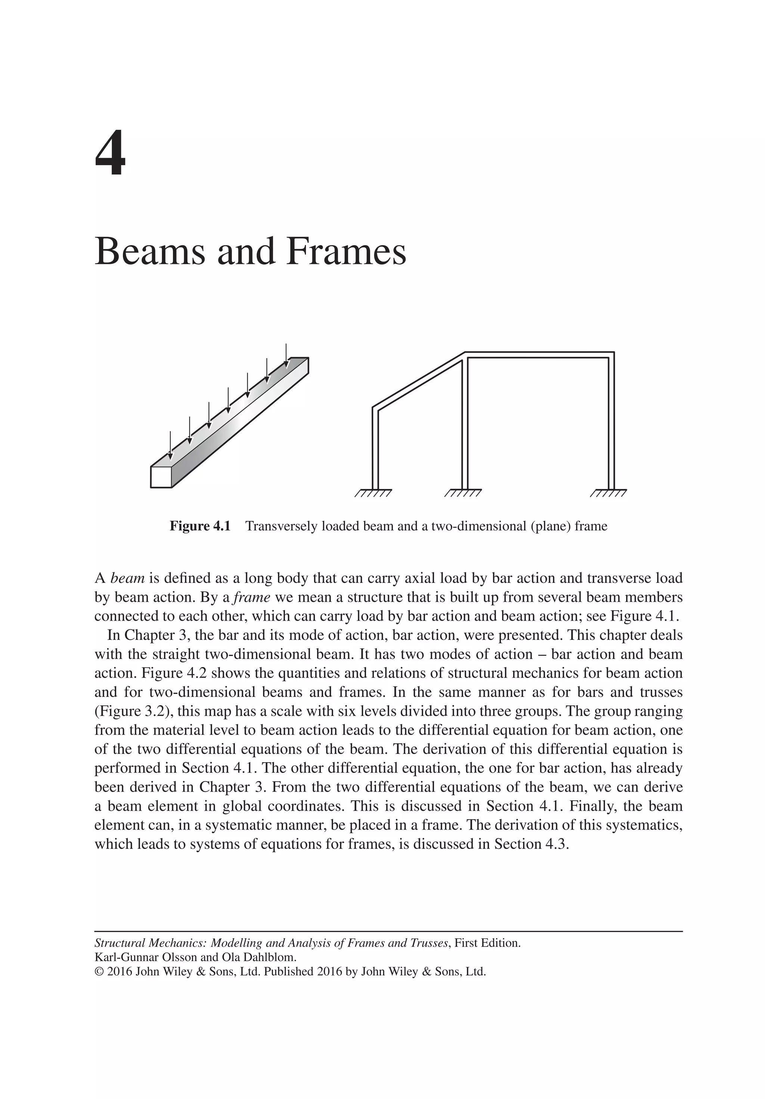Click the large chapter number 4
pyautogui.click(x=111, y=154)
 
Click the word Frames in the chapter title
pyautogui.click(x=346, y=252)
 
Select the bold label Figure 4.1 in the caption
pyautogui.click(x=200, y=527)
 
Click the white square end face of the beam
pyautogui.click(x=161, y=477)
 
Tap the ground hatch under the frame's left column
pyautogui.click(x=374, y=493)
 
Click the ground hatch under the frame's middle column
pyautogui.click(x=463, y=493)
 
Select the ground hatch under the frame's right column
pyautogui.click(x=608, y=493)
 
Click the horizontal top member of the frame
pyautogui.click(x=538, y=355)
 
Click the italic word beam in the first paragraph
pyautogui.click(x=127, y=578)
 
